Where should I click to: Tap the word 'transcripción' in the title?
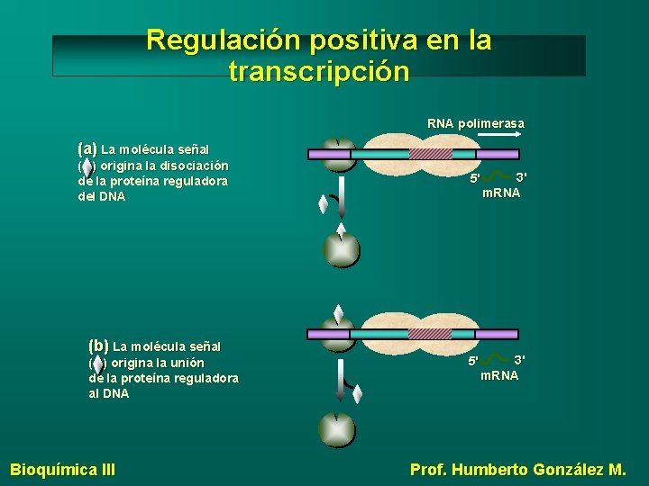coord(319,71)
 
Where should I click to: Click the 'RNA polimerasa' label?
coord(475,123)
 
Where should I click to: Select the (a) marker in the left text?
coord(87,148)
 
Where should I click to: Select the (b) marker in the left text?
coord(98,345)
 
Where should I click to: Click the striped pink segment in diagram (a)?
coord(430,154)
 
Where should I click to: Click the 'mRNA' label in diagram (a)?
coord(501,193)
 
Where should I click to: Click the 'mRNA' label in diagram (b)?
coord(499,375)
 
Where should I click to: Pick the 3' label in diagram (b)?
coord(519,359)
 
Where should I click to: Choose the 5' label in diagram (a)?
coord(475,179)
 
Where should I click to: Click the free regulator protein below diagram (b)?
coord(336,428)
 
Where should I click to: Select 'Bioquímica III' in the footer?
coord(62,469)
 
